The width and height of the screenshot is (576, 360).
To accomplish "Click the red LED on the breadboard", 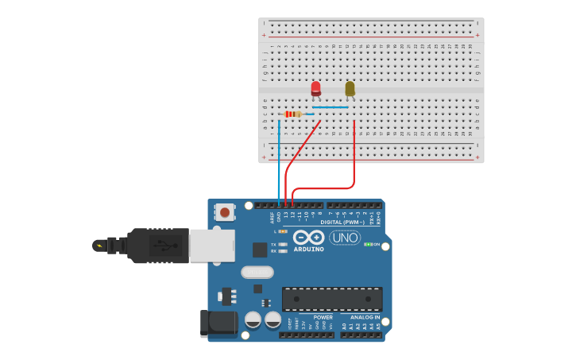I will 315,87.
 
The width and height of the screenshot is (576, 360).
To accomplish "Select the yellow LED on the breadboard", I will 350,87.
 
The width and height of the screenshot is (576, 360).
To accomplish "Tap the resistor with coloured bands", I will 293,114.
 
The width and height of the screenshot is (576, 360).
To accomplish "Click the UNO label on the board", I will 345,238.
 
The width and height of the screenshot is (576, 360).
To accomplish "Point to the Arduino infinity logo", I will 307,237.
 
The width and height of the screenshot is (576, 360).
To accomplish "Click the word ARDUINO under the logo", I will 308,250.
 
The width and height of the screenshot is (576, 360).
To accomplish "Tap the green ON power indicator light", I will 367,244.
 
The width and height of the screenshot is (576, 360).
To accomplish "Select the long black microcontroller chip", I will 332,299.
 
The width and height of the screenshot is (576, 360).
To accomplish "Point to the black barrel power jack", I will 218,323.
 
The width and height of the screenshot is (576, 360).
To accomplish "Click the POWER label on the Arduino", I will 323,317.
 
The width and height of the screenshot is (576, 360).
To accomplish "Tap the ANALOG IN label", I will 364,317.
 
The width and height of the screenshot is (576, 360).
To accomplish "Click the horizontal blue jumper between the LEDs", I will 330,107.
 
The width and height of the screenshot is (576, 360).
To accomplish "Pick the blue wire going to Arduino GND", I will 279,167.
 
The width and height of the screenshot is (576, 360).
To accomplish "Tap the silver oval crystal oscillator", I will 257,272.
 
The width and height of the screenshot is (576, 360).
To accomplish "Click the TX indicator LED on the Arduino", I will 283,244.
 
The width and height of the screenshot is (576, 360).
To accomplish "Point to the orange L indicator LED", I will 283,230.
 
